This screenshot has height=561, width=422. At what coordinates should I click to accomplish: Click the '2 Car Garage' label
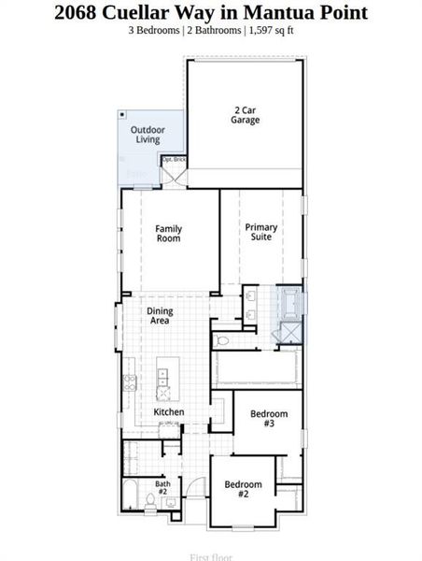pos(246,115)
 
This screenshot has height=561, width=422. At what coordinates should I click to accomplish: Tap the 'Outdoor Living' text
pos(148,135)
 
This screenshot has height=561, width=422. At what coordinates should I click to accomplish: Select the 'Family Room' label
pos(168,233)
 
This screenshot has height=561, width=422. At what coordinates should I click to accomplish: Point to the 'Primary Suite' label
pos(260,232)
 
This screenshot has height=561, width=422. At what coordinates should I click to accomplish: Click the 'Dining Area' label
pos(160,315)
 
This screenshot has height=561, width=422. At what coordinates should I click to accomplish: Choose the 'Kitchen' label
pos(168,411)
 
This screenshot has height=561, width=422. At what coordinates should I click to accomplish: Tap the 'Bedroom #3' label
pos(269,418)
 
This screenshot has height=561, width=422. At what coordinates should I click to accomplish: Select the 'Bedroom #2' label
pos(243,488)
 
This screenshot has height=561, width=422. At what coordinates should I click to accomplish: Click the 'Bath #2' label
pos(162,487)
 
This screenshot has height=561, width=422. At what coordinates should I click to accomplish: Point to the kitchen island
pos(166,376)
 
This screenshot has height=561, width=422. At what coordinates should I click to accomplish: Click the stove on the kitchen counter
pos(130,381)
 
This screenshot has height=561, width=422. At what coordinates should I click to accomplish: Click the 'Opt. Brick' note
pos(174,159)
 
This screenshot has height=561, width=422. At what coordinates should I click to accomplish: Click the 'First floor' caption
pos(211,557)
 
